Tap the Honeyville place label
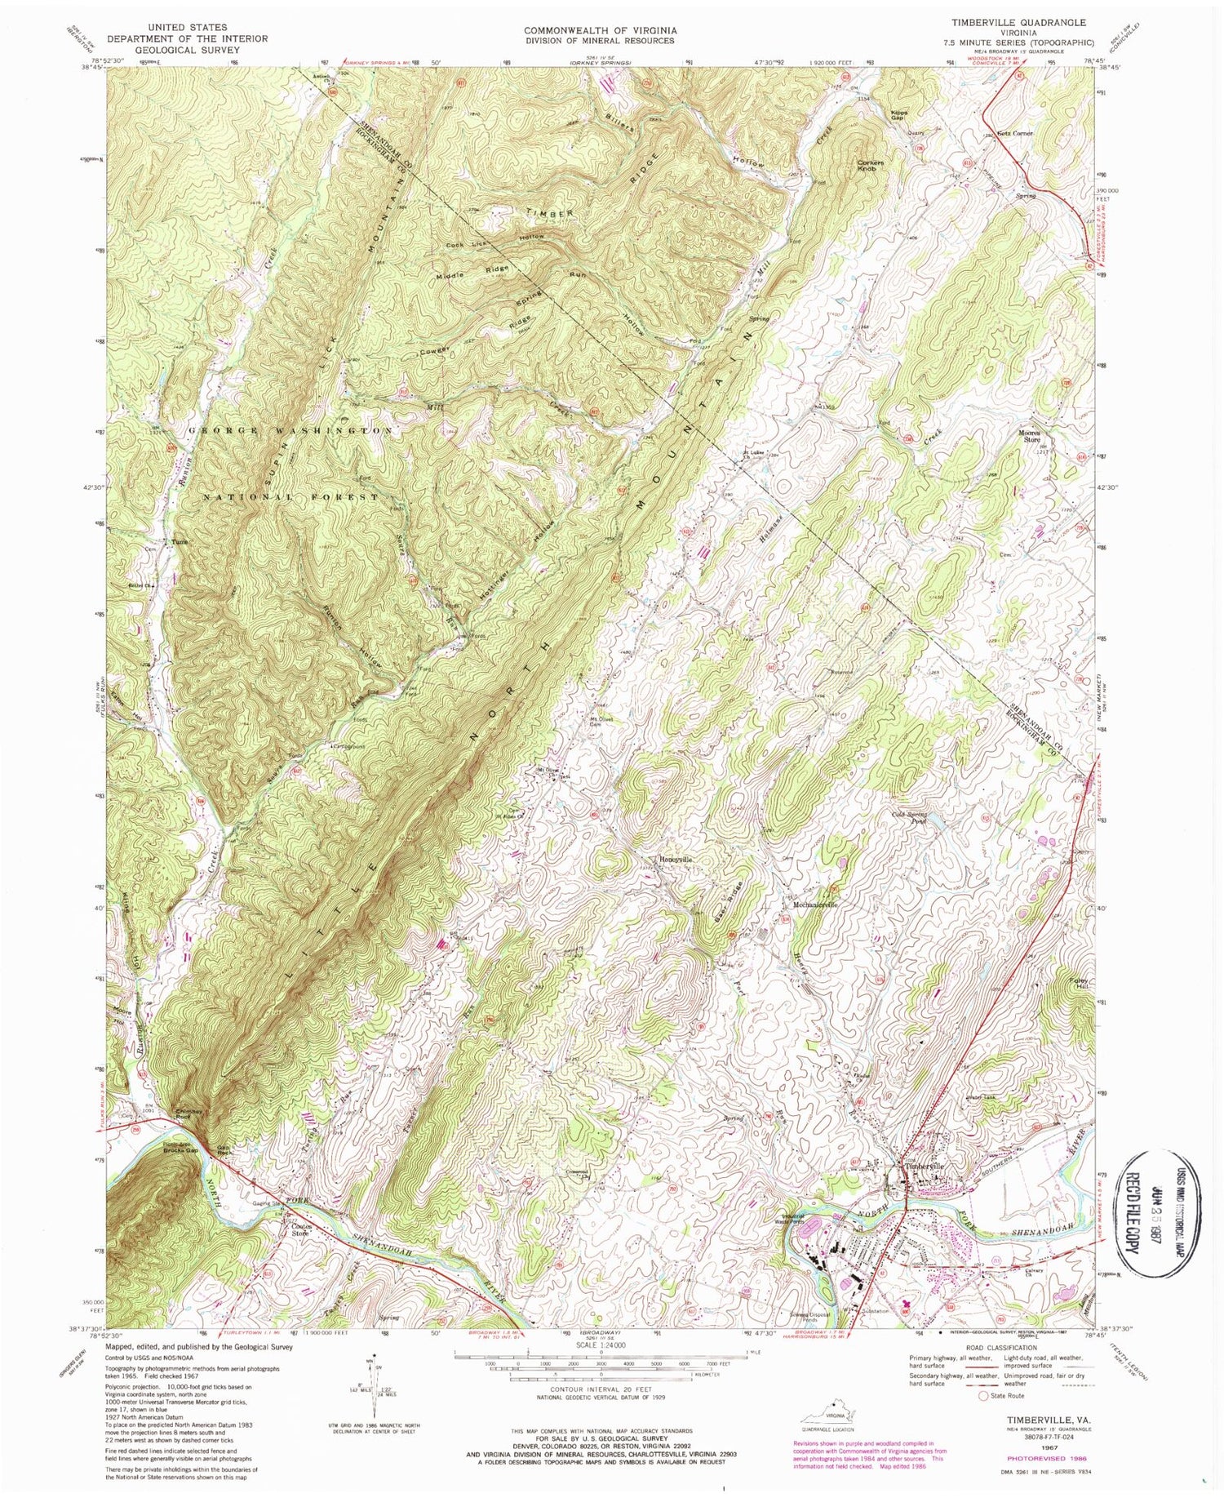coord(676,860)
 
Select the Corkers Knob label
coord(871,167)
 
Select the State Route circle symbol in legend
coord(983,1396)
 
